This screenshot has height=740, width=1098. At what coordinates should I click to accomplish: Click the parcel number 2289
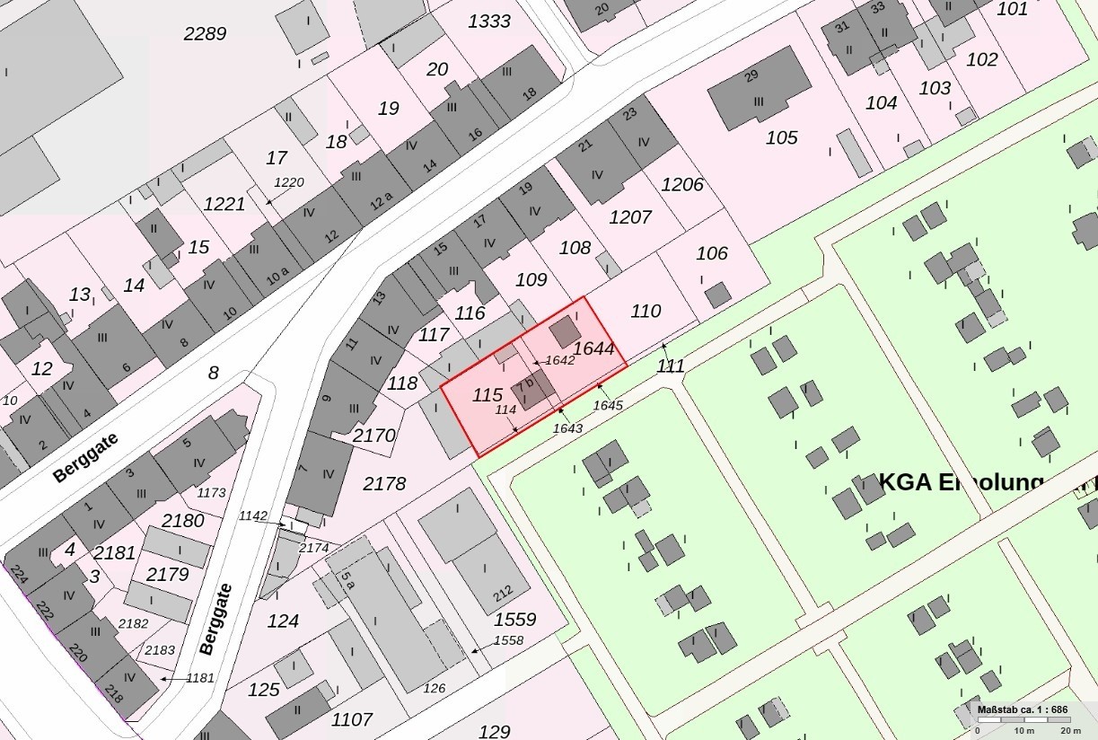(205, 34)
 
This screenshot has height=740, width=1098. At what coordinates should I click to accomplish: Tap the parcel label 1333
(489, 22)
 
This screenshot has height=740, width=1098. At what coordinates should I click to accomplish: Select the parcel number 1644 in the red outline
(593, 348)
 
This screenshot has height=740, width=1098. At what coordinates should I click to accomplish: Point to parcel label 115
(487, 394)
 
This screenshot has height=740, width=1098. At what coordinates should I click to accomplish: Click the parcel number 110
(646, 312)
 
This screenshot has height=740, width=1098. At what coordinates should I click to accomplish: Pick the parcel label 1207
(630, 217)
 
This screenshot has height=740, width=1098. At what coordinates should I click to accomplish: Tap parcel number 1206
(682, 185)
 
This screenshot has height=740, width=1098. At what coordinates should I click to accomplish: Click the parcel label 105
(781, 137)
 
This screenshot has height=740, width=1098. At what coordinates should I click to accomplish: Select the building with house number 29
(759, 89)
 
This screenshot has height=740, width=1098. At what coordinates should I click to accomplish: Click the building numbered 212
(502, 592)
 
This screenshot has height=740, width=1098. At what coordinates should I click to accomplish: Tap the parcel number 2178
(384, 483)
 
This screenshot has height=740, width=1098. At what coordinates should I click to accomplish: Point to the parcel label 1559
(515, 619)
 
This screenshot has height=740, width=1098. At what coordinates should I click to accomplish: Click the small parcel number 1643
(567, 428)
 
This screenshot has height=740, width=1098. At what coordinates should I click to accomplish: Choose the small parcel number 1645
(608, 405)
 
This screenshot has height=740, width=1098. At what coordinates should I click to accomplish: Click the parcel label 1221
(224, 204)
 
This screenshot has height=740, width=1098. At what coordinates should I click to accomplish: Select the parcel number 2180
(182, 521)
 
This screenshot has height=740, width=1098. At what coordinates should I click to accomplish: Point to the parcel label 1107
(352, 719)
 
